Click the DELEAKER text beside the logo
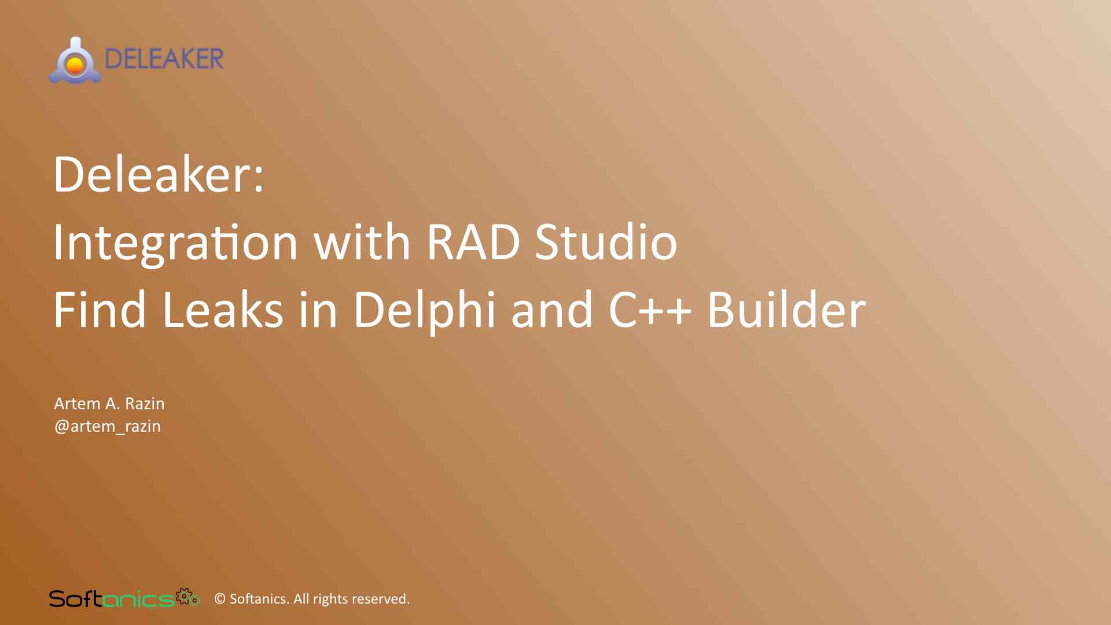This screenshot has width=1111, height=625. [x=164, y=59]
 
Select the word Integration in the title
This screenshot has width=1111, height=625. [x=175, y=242]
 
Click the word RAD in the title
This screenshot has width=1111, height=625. [x=473, y=242]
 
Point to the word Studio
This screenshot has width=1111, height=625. [x=606, y=242]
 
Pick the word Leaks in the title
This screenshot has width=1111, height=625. [x=223, y=310]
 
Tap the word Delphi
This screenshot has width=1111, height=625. [x=425, y=310]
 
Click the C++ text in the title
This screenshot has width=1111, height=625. [x=650, y=310]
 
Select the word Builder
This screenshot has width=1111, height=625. [x=786, y=310]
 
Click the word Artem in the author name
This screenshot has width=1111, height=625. [x=77, y=403]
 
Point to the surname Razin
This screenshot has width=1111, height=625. [x=145, y=403]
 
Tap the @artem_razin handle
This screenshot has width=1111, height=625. [x=108, y=427]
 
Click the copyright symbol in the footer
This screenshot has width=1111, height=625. [x=220, y=599]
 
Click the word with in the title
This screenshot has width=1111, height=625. [x=362, y=242]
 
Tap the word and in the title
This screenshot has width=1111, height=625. [x=552, y=310]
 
